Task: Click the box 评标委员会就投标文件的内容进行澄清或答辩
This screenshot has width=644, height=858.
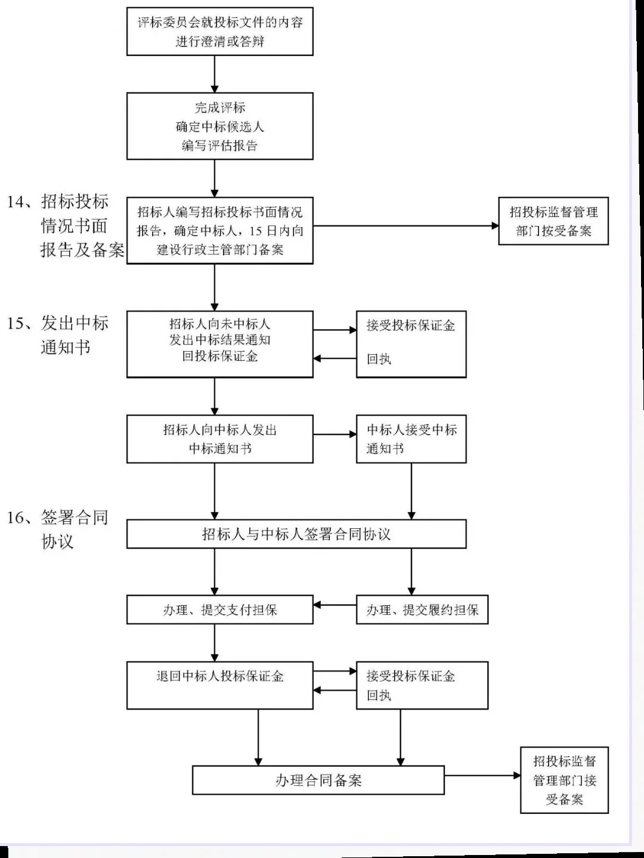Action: [x=219, y=32]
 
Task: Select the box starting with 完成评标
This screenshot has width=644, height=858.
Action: [x=219, y=126]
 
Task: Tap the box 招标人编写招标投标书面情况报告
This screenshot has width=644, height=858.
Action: [x=219, y=230]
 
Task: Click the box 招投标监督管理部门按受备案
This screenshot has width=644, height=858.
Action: [x=553, y=221]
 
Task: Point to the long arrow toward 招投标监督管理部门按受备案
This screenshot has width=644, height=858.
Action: [x=405, y=226]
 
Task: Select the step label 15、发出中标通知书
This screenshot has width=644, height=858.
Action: [x=58, y=334]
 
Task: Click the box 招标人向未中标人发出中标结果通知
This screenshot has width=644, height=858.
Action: [x=219, y=344]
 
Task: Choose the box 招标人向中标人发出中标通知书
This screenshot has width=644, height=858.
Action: [x=219, y=439]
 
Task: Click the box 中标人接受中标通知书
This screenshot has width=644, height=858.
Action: [x=411, y=439]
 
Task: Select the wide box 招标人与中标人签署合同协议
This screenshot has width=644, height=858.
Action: [x=296, y=534]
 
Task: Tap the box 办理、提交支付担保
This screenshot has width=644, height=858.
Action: [x=219, y=609]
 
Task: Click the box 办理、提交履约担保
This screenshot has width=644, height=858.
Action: [x=422, y=609]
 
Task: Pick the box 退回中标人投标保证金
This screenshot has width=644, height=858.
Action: [x=219, y=685]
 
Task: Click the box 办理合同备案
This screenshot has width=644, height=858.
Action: [x=318, y=780]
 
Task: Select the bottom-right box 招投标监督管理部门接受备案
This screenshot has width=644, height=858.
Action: [x=564, y=780]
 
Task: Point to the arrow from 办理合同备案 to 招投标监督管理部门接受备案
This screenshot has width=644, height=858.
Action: [x=482, y=776]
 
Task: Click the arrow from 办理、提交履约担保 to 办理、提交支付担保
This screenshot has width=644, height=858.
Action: [x=335, y=605]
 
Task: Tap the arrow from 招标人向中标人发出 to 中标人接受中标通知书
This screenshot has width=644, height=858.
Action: [x=335, y=434]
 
